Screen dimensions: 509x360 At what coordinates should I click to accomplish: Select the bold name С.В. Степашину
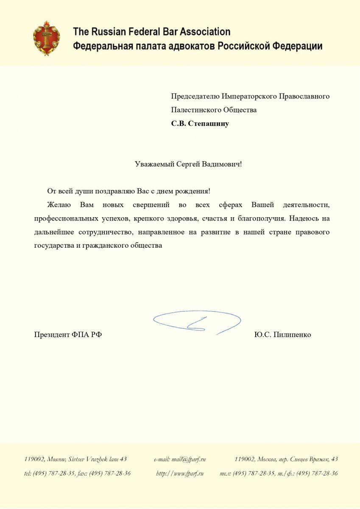(200, 124)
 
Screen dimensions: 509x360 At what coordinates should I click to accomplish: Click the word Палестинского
(193, 110)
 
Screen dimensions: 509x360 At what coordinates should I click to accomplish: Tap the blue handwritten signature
(197, 322)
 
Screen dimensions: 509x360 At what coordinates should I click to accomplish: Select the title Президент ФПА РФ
(68, 335)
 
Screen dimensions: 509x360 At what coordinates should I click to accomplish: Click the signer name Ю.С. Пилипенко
(282, 335)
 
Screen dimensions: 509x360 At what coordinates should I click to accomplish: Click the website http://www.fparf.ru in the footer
(180, 473)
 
